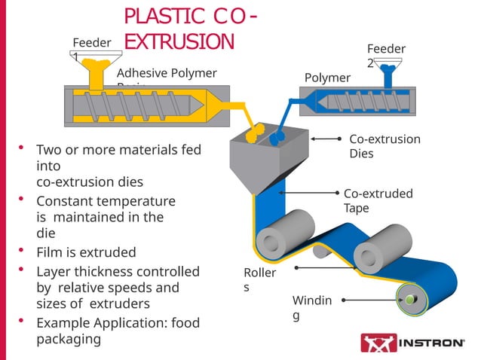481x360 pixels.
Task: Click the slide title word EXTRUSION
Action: pyautogui.click(x=179, y=41)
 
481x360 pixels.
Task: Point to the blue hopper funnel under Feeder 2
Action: pyautogui.click(x=390, y=75)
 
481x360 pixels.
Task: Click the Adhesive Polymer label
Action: pyautogui.click(x=167, y=72)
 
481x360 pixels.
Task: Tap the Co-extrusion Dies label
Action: pyautogui.click(x=384, y=145)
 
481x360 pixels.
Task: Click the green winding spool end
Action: pyautogui.click(x=409, y=301)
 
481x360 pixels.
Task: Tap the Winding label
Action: pyautogui.click(x=311, y=307)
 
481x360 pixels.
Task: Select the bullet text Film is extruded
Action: pyautogui.click(x=86, y=252)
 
